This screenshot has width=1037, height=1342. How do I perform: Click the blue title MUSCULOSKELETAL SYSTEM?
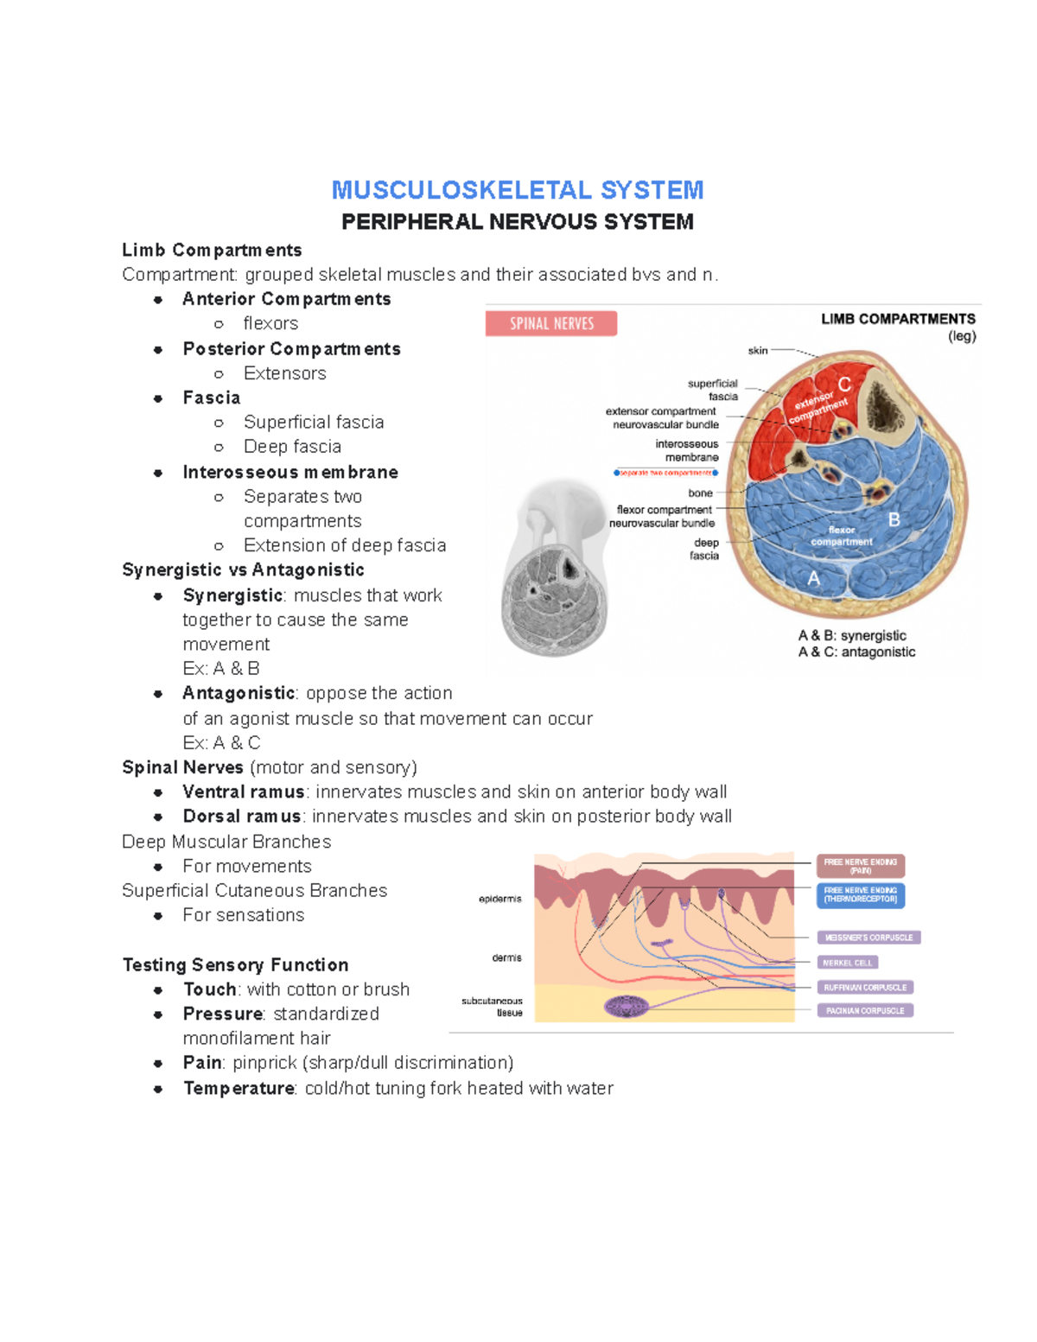click(x=518, y=190)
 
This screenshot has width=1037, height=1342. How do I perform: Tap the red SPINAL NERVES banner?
click(x=551, y=323)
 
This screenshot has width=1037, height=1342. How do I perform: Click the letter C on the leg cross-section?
click(x=844, y=385)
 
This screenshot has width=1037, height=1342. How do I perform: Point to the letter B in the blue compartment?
click(x=894, y=519)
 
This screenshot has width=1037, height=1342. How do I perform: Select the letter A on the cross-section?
click(x=813, y=579)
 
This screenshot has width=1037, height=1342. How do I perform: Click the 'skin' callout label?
click(x=758, y=350)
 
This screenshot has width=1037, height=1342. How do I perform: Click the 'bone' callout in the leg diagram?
click(x=701, y=493)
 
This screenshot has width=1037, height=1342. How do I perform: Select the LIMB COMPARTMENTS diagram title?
click(x=898, y=319)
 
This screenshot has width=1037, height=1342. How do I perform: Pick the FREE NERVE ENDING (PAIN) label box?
click(x=861, y=866)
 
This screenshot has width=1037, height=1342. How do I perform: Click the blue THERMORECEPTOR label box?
click(x=861, y=894)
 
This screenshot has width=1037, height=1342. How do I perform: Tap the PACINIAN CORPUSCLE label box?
click(x=865, y=1010)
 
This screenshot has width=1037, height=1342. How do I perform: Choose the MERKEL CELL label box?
click(x=848, y=963)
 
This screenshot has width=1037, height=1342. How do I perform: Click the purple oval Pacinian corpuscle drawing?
click(x=627, y=1006)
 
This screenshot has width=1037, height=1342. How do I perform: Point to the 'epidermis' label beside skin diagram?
click(x=500, y=899)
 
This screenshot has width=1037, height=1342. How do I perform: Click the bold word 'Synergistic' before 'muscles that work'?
click(x=232, y=595)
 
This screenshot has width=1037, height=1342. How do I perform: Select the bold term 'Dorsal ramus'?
click(x=242, y=817)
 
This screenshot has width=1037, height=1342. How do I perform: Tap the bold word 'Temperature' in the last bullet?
click(x=239, y=1088)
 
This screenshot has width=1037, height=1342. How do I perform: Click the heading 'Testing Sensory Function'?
click(x=236, y=964)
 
